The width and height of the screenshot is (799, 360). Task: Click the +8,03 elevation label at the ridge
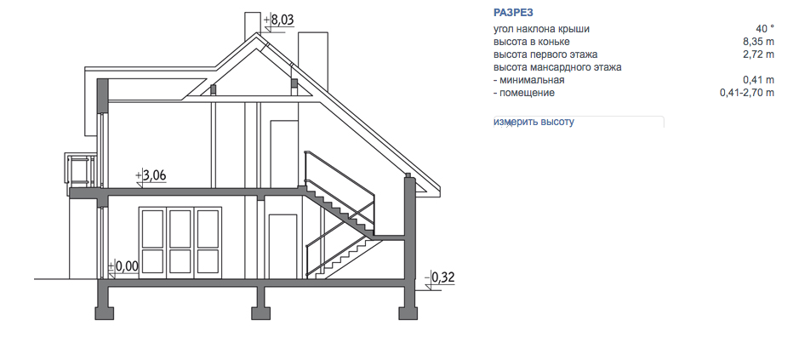(279, 20)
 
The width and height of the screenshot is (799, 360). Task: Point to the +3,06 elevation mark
(151, 176)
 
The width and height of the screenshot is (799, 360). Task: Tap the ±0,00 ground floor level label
(124, 266)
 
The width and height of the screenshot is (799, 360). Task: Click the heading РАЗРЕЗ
(513, 13)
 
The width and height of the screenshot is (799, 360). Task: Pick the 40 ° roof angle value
(765, 29)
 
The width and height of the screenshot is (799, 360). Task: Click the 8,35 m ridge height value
(759, 42)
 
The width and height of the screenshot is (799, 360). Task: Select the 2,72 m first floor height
(759, 54)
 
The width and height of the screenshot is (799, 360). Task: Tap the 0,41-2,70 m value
(747, 93)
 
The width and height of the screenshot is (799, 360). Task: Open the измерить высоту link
(534, 122)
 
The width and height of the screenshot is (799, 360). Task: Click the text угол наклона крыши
(541, 29)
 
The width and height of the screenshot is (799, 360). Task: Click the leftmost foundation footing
(104, 312)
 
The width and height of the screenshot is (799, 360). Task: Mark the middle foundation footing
(260, 312)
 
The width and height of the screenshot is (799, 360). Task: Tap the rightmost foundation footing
(408, 312)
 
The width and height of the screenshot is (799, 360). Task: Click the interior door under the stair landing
(283, 247)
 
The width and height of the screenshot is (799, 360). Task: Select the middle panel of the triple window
(180, 242)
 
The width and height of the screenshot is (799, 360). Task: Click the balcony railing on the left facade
(80, 170)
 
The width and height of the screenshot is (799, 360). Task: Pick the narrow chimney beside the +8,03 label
(253, 26)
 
